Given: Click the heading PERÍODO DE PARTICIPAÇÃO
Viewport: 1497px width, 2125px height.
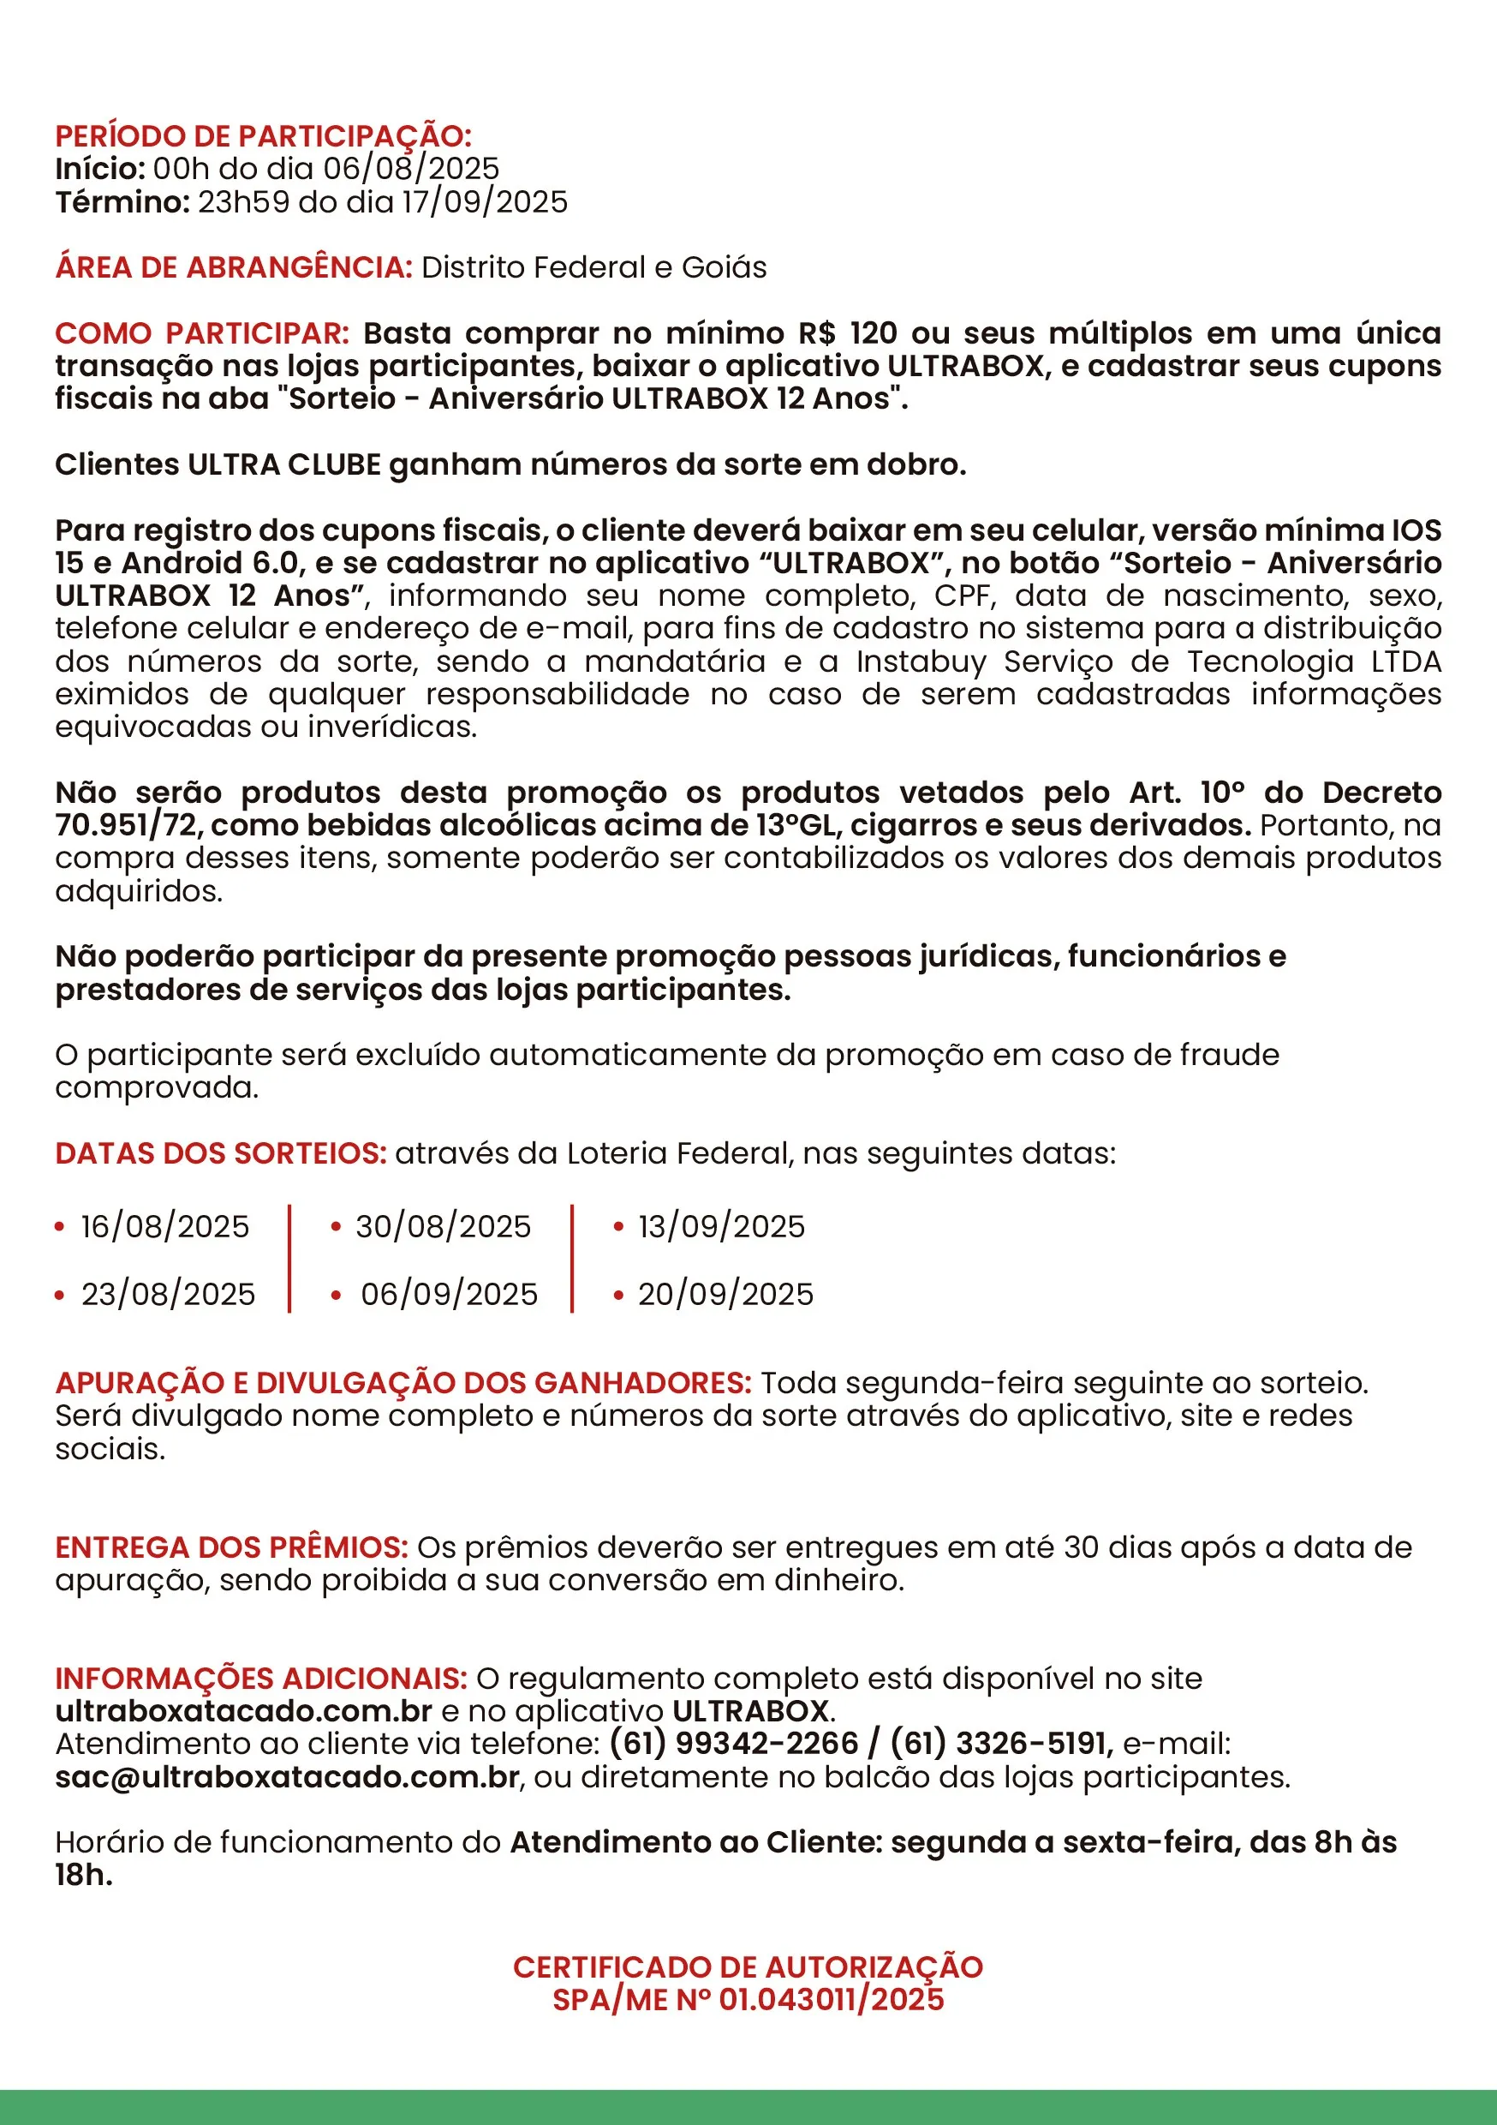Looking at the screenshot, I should tap(263, 136).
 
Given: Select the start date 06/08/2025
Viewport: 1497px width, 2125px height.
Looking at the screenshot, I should tap(411, 169).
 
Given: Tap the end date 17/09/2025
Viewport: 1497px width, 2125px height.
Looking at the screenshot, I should tap(484, 201).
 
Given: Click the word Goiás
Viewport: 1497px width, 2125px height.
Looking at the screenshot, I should tap(724, 267).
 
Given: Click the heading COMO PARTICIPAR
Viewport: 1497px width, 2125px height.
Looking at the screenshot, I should tap(202, 333).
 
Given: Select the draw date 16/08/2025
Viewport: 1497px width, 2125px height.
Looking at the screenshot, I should tap(164, 1226).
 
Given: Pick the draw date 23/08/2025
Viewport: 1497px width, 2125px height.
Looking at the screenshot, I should tap(168, 1294).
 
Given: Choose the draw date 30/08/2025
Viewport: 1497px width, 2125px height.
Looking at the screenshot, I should tap(443, 1226).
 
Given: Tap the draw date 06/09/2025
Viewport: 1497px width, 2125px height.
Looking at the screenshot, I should tap(449, 1294).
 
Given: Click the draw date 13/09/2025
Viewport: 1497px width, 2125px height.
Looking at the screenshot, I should tap(722, 1226).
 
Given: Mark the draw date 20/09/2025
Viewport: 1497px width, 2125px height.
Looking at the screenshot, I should tap(725, 1294).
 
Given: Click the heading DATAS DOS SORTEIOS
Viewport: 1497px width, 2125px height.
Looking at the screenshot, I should tap(220, 1153).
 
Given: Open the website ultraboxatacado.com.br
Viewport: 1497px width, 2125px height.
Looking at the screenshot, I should tap(243, 1710).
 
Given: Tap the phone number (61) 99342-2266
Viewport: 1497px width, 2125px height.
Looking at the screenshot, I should tap(734, 1744).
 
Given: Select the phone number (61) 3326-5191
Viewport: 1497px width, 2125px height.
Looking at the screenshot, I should tap(1000, 1744).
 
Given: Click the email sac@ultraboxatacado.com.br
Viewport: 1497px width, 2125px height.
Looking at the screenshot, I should tap(287, 1777).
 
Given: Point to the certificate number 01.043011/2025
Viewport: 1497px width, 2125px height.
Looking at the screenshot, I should tap(831, 1999).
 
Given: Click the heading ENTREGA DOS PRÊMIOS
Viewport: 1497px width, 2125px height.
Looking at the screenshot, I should tap(231, 1547).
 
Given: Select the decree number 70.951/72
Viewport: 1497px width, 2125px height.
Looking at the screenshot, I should tap(126, 824).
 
